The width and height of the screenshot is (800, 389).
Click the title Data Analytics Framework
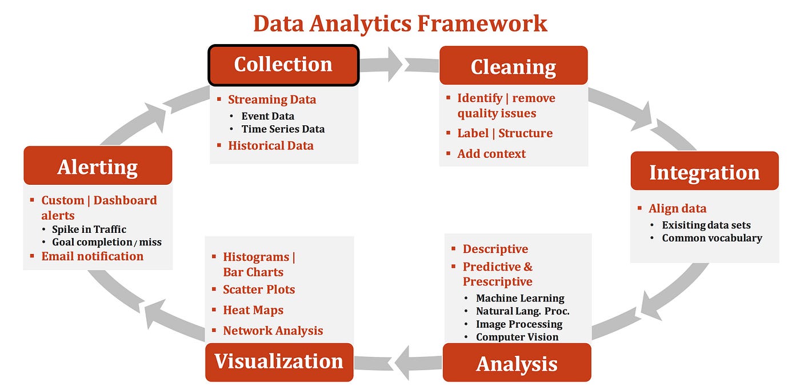point(400,23)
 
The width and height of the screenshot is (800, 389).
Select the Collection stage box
point(283,65)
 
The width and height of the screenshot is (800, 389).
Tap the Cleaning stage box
point(513,66)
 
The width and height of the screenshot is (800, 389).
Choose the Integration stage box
point(704,172)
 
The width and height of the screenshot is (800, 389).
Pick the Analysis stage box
point(517,363)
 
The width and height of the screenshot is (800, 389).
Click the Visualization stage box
point(279,362)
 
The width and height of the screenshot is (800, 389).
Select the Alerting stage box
point(98,166)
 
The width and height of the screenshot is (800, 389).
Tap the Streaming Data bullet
point(271,100)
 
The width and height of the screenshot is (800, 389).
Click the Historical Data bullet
point(270,145)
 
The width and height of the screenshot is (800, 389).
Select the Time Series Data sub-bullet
point(283,129)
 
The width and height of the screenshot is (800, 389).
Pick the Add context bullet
point(491,153)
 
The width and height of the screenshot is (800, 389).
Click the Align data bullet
point(677,208)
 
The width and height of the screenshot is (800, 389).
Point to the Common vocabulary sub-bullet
point(712,238)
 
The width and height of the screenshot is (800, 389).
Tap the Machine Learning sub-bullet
point(520,298)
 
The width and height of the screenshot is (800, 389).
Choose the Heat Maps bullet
point(253,310)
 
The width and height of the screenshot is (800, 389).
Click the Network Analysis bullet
point(273,331)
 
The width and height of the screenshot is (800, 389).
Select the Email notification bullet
point(92,256)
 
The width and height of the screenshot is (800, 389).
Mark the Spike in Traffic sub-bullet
point(89,229)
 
